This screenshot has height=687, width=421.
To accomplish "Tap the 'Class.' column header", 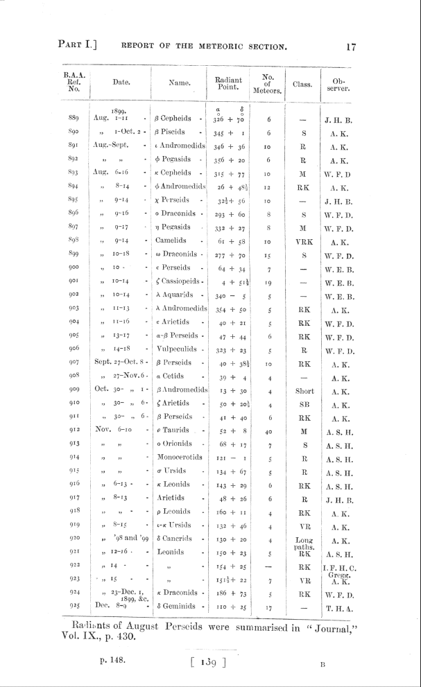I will click(301, 85).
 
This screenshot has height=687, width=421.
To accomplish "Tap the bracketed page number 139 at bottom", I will click(209, 661).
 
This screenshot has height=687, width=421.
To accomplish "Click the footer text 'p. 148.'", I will click(112, 661).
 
